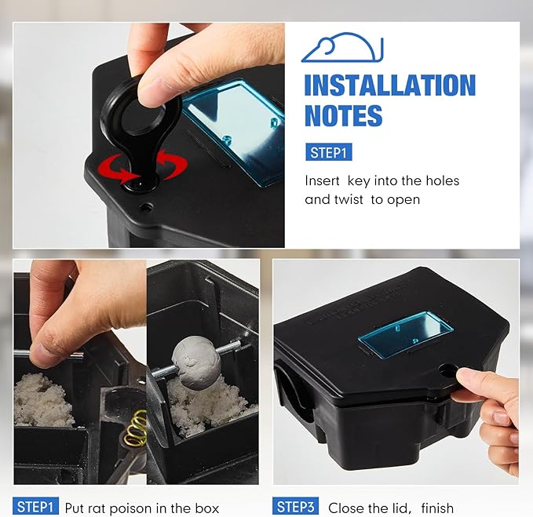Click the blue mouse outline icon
(x=342, y=48)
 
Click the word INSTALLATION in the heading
(x=390, y=85)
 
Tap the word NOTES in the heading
(x=343, y=115)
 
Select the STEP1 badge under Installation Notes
(x=329, y=152)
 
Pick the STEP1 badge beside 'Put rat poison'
(x=35, y=507)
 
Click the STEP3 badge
(x=295, y=507)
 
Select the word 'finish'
(x=437, y=508)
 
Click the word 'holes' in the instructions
(x=443, y=180)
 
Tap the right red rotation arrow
(x=173, y=164)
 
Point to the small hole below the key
(x=147, y=206)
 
